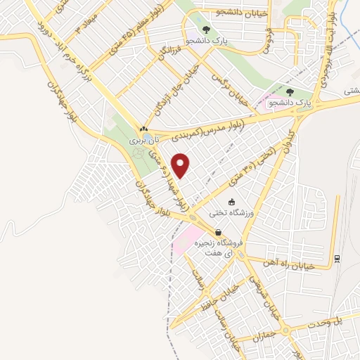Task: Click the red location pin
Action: [x=181, y=166]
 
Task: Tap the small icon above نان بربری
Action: [x=143, y=129]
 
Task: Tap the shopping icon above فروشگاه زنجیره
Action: [x=219, y=232]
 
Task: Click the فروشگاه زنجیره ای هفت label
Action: [x=219, y=247]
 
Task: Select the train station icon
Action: [x=337, y=258]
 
